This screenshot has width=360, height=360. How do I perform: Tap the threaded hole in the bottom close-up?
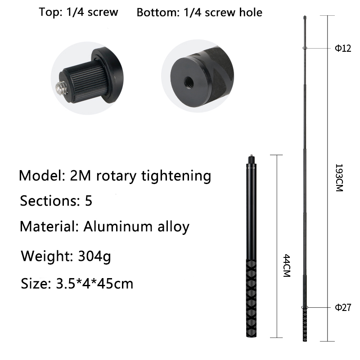(x=189, y=81)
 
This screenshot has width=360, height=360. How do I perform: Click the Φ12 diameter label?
(x=343, y=48)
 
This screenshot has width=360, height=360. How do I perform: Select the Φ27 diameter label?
(x=343, y=307)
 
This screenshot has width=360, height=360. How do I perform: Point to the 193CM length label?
(x=339, y=177)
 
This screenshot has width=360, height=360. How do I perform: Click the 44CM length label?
(x=287, y=265)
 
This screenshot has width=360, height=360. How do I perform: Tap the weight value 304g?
(x=94, y=256)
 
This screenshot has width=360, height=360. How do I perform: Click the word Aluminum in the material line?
(x=118, y=226)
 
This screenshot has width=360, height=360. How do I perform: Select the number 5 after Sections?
(x=89, y=200)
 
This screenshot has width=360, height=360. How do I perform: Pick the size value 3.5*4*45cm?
(x=94, y=283)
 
